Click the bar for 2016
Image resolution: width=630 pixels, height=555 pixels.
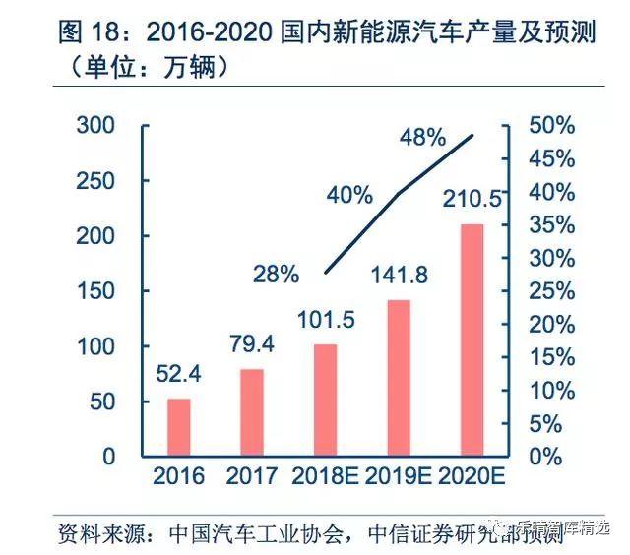click(178, 427)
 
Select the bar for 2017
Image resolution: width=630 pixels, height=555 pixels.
click(252, 412)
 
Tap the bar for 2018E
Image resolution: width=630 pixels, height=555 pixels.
click(326, 401)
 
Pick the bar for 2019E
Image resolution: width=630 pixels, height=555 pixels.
click(400, 378)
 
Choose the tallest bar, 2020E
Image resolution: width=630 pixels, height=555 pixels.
click(473, 340)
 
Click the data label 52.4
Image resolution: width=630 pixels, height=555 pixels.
click(179, 375)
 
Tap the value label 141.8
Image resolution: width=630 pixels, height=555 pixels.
click(400, 276)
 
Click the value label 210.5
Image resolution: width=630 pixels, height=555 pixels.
click(473, 201)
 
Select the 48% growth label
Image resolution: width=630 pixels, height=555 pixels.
click(422, 138)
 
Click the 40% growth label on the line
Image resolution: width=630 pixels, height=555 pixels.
click(349, 195)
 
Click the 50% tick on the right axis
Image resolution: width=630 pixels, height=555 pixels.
click(551, 126)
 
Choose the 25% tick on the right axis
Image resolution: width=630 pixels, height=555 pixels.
click(551, 292)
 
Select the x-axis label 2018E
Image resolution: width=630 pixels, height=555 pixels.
click(326, 477)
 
